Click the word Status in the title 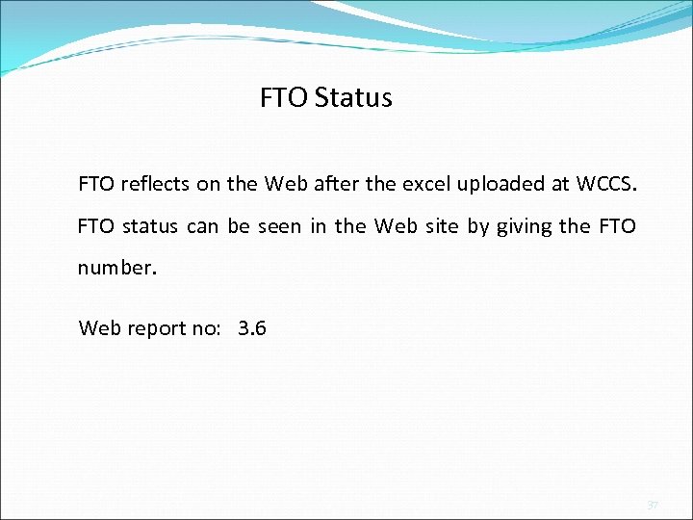click(353, 98)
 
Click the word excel click(421, 183)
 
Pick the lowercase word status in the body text click(151, 227)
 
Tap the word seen click(280, 227)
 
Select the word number click(115, 267)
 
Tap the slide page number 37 click(652, 504)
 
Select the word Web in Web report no click(100, 328)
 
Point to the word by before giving click(477, 228)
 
